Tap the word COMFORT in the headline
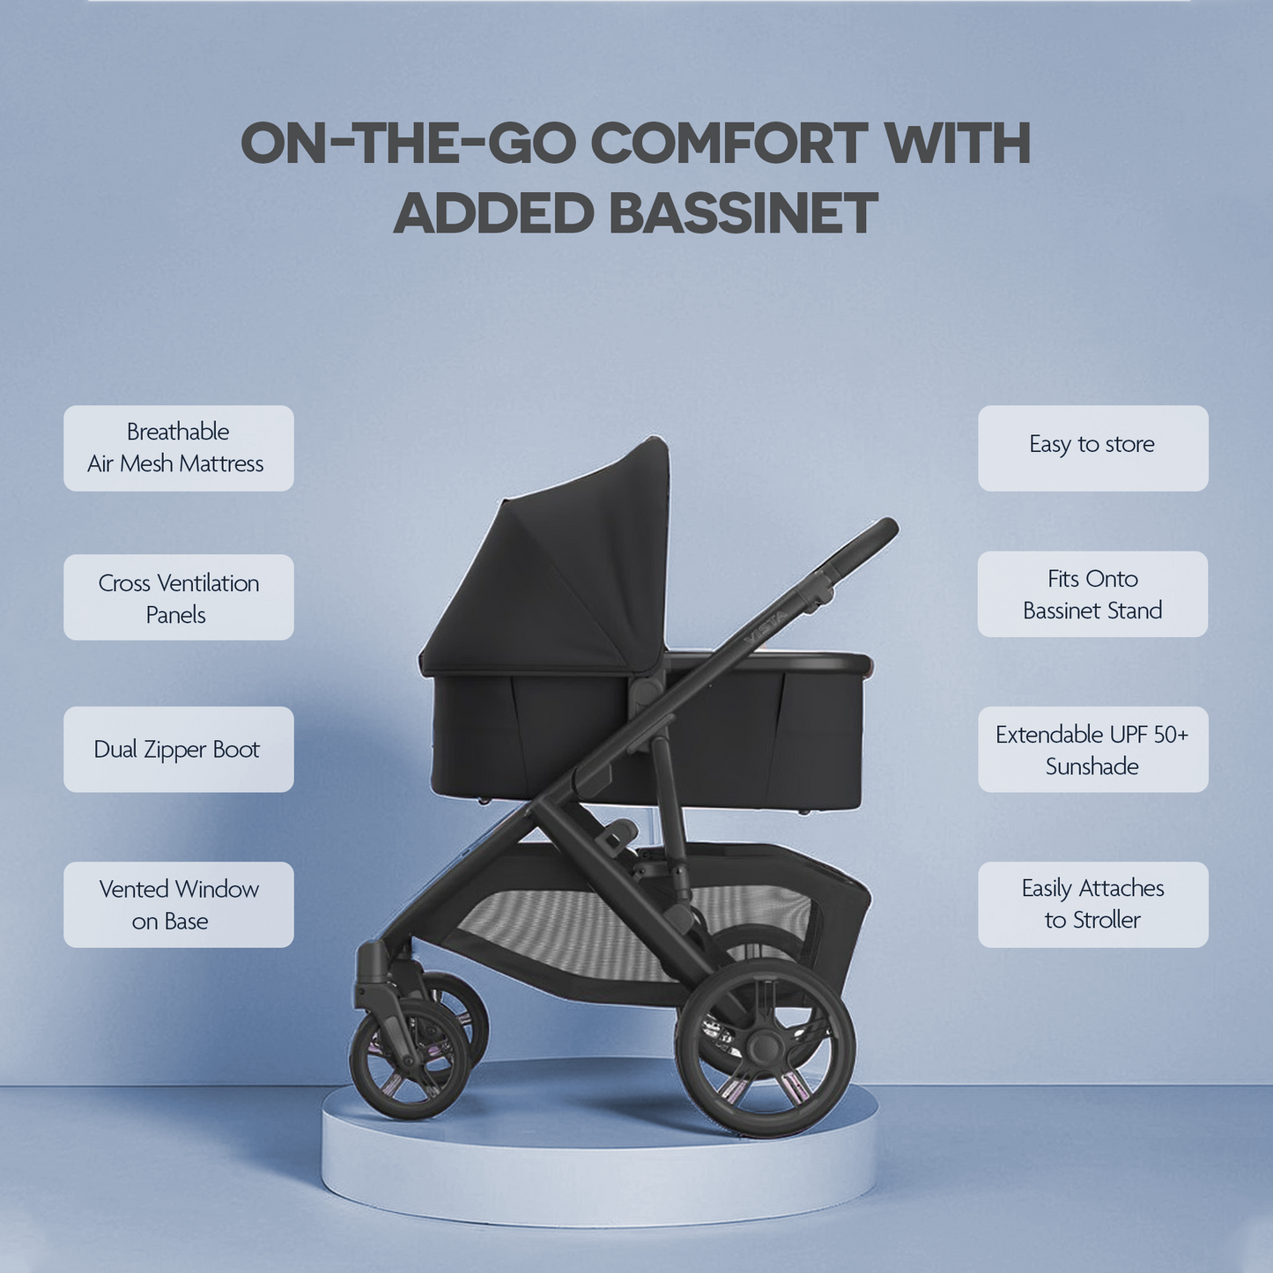[x=729, y=143]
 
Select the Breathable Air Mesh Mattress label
[x=178, y=448]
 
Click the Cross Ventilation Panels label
[x=178, y=597]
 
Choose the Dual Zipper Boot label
[x=178, y=749]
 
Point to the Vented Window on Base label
[x=178, y=905]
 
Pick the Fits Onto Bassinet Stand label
[x=1092, y=595]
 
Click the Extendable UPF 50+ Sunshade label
[x=1092, y=749]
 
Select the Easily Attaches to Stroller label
[x=1092, y=905]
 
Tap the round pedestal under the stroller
[x=599, y=1163]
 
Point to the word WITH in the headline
[x=958, y=143]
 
